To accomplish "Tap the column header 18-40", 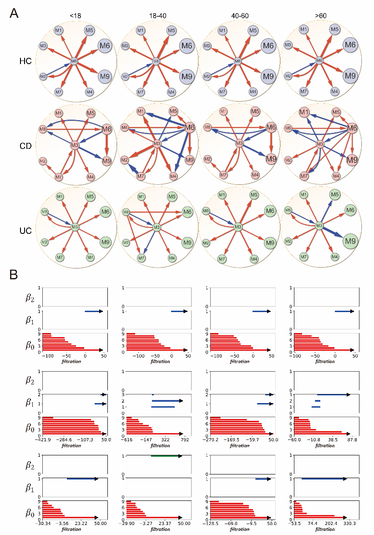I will [x=157, y=16].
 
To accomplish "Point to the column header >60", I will [x=320, y=16].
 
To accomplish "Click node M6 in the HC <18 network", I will [x=105, y=45].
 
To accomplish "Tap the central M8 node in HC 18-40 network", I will [x=157, y=61].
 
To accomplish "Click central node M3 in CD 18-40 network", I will [x=157, y=144].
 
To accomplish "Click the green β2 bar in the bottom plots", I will [x=166, y=456].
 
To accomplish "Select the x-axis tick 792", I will [x=185, y=440].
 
